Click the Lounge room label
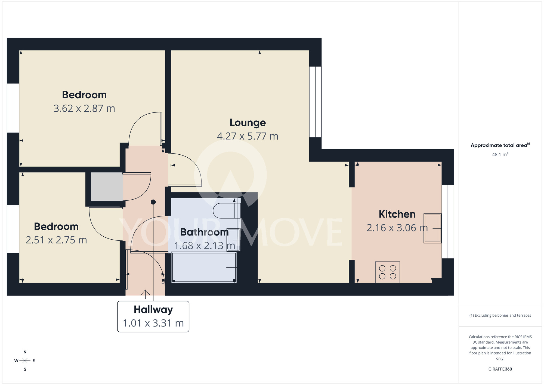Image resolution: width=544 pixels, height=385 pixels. click(248, 123)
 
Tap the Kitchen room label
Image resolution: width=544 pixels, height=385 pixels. click(397, 214)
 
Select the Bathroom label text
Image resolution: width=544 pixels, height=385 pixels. click(204, 232)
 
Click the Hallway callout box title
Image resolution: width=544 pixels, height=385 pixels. click(153, 310)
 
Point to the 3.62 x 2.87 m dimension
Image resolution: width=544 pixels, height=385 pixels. click(84, 108)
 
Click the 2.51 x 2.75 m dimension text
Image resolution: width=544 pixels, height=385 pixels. click(56, 240)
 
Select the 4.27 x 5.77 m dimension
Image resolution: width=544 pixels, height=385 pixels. click(248, 136)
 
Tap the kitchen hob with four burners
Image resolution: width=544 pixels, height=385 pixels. click(387, 272)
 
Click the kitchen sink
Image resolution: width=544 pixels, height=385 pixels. click(432, 228)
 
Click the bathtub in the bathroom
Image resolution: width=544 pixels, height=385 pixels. click(204, 267)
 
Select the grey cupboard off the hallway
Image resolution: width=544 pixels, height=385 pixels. click(107, 187)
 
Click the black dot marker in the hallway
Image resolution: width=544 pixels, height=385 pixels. click(153, 202)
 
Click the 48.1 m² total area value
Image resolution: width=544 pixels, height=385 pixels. click(500, 154)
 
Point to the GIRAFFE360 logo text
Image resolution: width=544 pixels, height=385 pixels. click(500, 369)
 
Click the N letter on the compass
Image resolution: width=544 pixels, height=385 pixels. click(25, 352)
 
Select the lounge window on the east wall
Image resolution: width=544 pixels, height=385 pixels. click(315, 102)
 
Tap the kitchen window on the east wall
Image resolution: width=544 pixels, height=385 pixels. click(448, 222)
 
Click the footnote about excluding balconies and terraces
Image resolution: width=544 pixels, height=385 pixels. click(500, 315)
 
